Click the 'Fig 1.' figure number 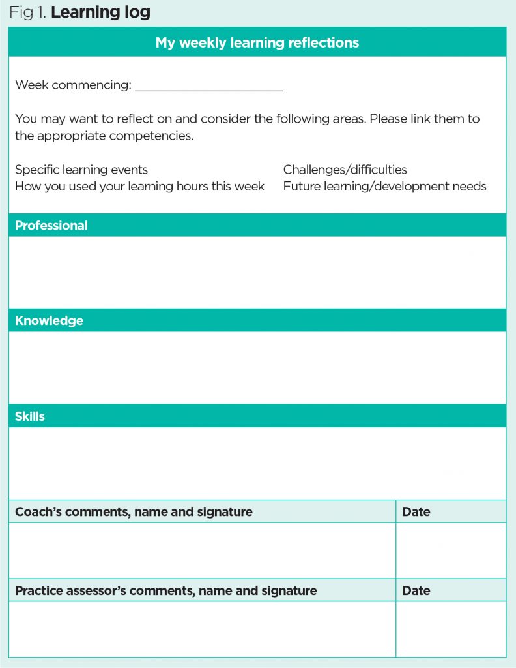click(x=27, y=12)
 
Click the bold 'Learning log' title click(x=100, y=12)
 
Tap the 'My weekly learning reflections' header click(x=257, y=42)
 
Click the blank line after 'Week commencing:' click(x=208, y=86)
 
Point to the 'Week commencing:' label click(x=73, y=85)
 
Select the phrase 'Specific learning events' click(x=81, y=170)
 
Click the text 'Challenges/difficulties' click(x=345, y=170)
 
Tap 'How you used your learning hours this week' click(x=139, y=187)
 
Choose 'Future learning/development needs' click(x=384, y=187)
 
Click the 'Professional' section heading click(x=51, y=226)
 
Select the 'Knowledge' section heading click(x=49, y=321)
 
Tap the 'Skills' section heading click(x=30, y=416)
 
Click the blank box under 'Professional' click(x=257, y=272)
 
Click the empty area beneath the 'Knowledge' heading click(x=257, y=367)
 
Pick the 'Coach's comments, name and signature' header click(x=134, y=512)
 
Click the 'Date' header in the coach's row click(x=416, y=512)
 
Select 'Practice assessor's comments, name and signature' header click(x=165, y=591)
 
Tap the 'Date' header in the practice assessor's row click(x=416, y=591)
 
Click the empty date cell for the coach click(x=450, y=551)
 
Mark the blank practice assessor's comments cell click(x=202, y=629)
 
